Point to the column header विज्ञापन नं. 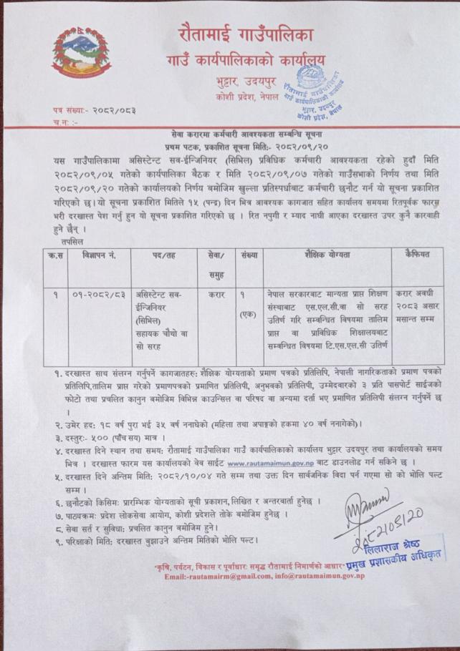[x=96, y=255]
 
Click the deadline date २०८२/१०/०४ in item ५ [x=183, y=476]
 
